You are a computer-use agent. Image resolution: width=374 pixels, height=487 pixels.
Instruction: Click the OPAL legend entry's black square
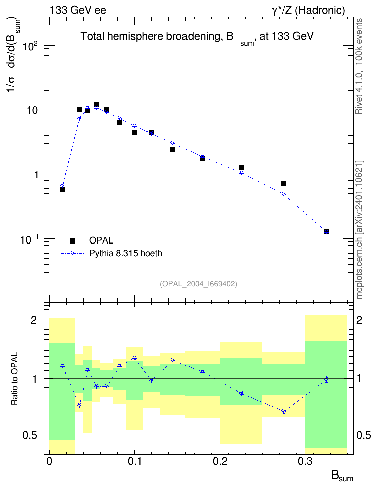pos(73,240)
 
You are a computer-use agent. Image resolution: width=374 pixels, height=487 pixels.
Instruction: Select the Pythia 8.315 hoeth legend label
pos(126,253)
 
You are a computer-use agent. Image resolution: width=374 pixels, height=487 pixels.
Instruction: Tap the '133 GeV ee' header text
pos(78,10)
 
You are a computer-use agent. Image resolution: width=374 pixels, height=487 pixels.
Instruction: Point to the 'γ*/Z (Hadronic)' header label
pos(308,10)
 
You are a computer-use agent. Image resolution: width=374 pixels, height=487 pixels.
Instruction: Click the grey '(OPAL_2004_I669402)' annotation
pos(199,284)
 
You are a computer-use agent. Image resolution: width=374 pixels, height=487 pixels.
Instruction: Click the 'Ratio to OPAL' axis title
pos(14,379)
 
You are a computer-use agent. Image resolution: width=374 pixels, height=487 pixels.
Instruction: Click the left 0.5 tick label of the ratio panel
pos(30,436)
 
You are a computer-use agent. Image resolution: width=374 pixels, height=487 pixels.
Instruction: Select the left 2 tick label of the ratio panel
pos(34,320)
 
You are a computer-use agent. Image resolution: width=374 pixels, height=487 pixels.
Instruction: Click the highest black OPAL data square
pos(96,105)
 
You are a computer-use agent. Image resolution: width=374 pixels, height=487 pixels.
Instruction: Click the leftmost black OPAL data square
pos(62,189)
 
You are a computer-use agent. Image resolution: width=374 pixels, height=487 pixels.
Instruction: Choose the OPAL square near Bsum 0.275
pos(284,183)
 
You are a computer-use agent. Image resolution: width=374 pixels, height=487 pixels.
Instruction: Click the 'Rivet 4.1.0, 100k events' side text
pos(359,66)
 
